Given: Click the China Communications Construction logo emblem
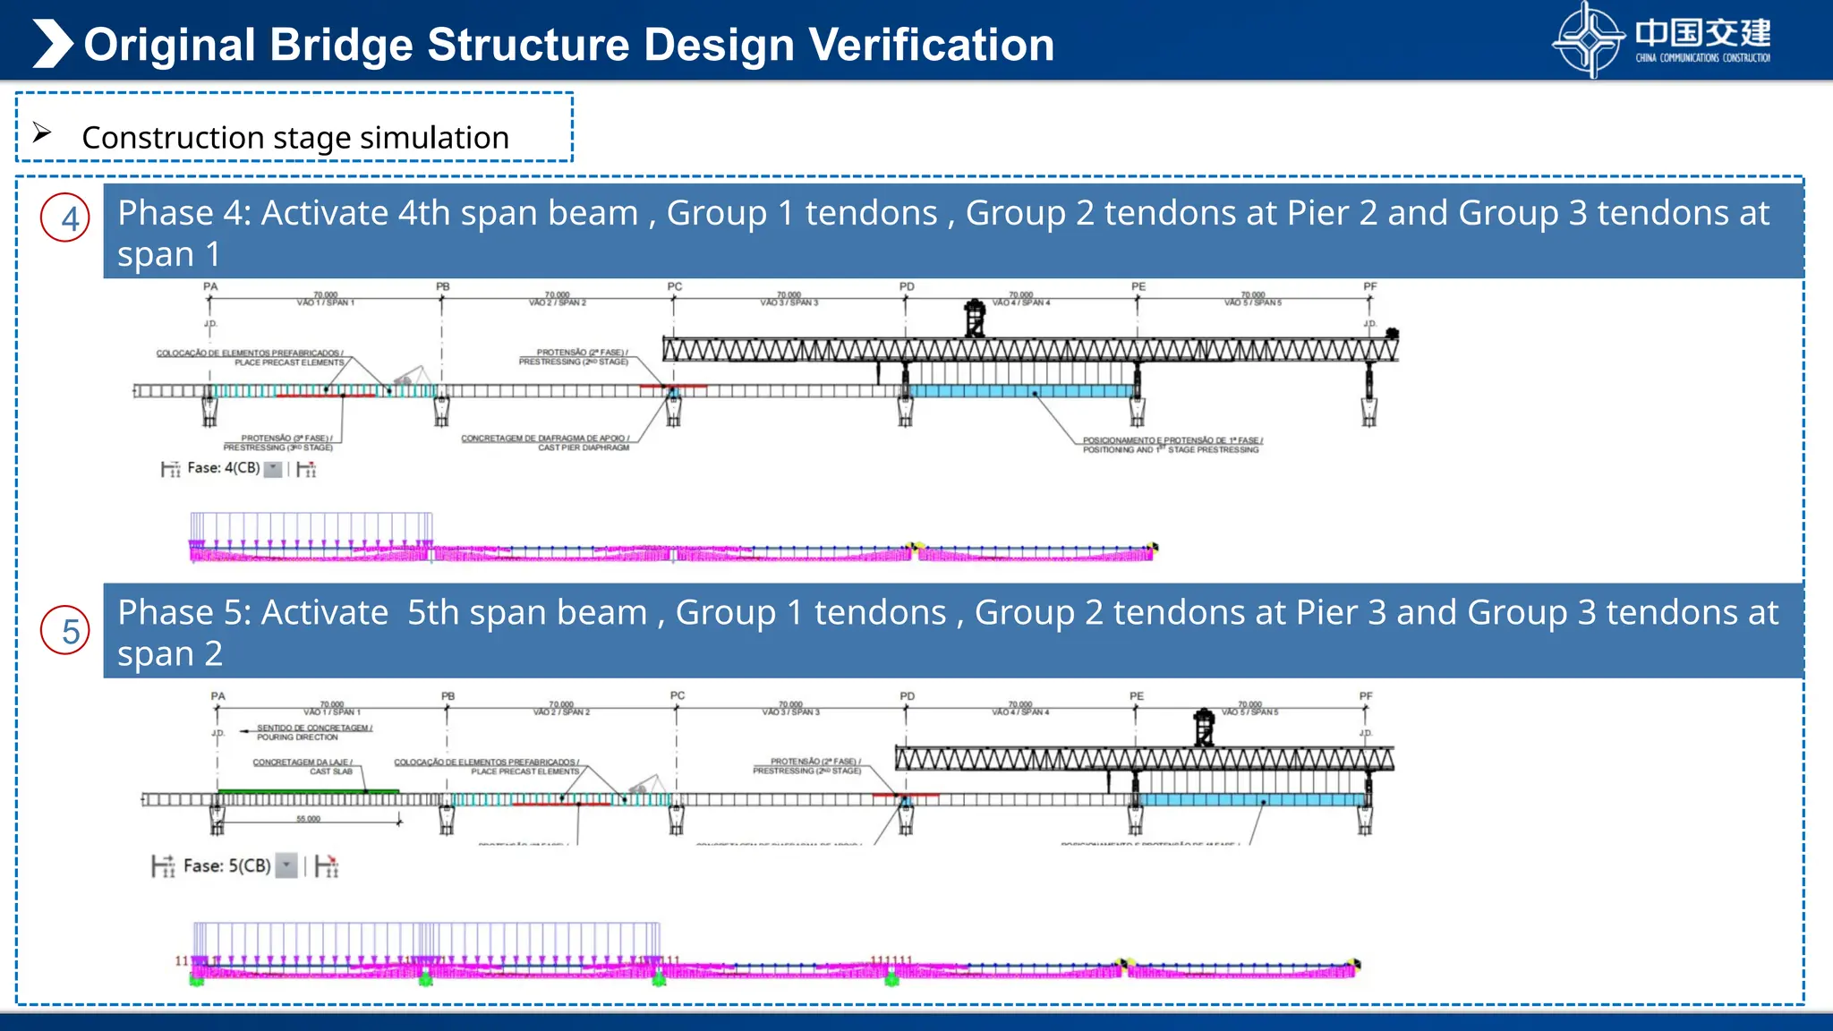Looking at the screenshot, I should (x=1589, y=39).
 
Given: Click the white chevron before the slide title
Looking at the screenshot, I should (x=52, y=44).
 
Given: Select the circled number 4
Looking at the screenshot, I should (x=65, y=218).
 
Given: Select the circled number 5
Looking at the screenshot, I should (x=65, y=631).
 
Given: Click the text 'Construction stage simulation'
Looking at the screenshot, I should (x=295, y=138).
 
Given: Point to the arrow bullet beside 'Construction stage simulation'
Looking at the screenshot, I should (x=42, y=133).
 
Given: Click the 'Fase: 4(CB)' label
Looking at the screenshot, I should (x=223, y=468).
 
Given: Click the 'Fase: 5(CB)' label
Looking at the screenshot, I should (x=226, y=865).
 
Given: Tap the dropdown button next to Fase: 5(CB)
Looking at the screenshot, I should (x=286, y=865).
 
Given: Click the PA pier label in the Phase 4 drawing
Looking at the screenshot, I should (x=210, y=287).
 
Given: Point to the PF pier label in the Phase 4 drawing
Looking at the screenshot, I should (x=1369, y=287).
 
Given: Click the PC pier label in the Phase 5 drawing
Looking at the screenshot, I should (x=678, y=695).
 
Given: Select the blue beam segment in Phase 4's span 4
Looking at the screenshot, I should (x=1020, y=391).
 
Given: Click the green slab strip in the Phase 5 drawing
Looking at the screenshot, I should (x=308, y=791).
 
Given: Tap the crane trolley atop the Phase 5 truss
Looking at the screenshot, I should (x=1205, y=727).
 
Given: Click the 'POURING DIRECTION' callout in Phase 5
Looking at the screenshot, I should (x=298, y=737).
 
